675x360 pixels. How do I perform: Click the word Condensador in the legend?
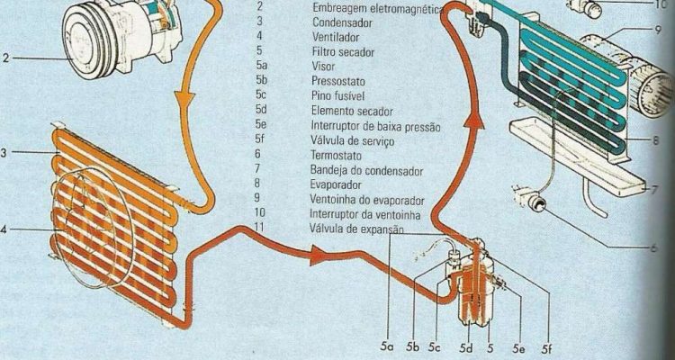(x=343, y=22)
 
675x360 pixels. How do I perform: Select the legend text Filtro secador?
(x=343, y=52)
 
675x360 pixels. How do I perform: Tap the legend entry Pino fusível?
(x=337, y=95)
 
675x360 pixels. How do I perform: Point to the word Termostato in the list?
(x=337, y=155)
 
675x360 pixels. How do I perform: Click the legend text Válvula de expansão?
(x=357, y=229)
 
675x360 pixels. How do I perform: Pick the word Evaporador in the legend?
(x=336, y=184)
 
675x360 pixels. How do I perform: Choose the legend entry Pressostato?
(x=338, y=81)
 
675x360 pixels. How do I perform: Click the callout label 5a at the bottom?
(x=387, y=348)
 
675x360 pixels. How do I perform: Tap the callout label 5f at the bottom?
(x=546, y=348)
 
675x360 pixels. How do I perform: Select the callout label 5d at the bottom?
(x=466, y=348)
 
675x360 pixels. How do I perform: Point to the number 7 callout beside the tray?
(x=655, y=190)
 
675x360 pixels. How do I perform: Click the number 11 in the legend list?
(x=260, y=227)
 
